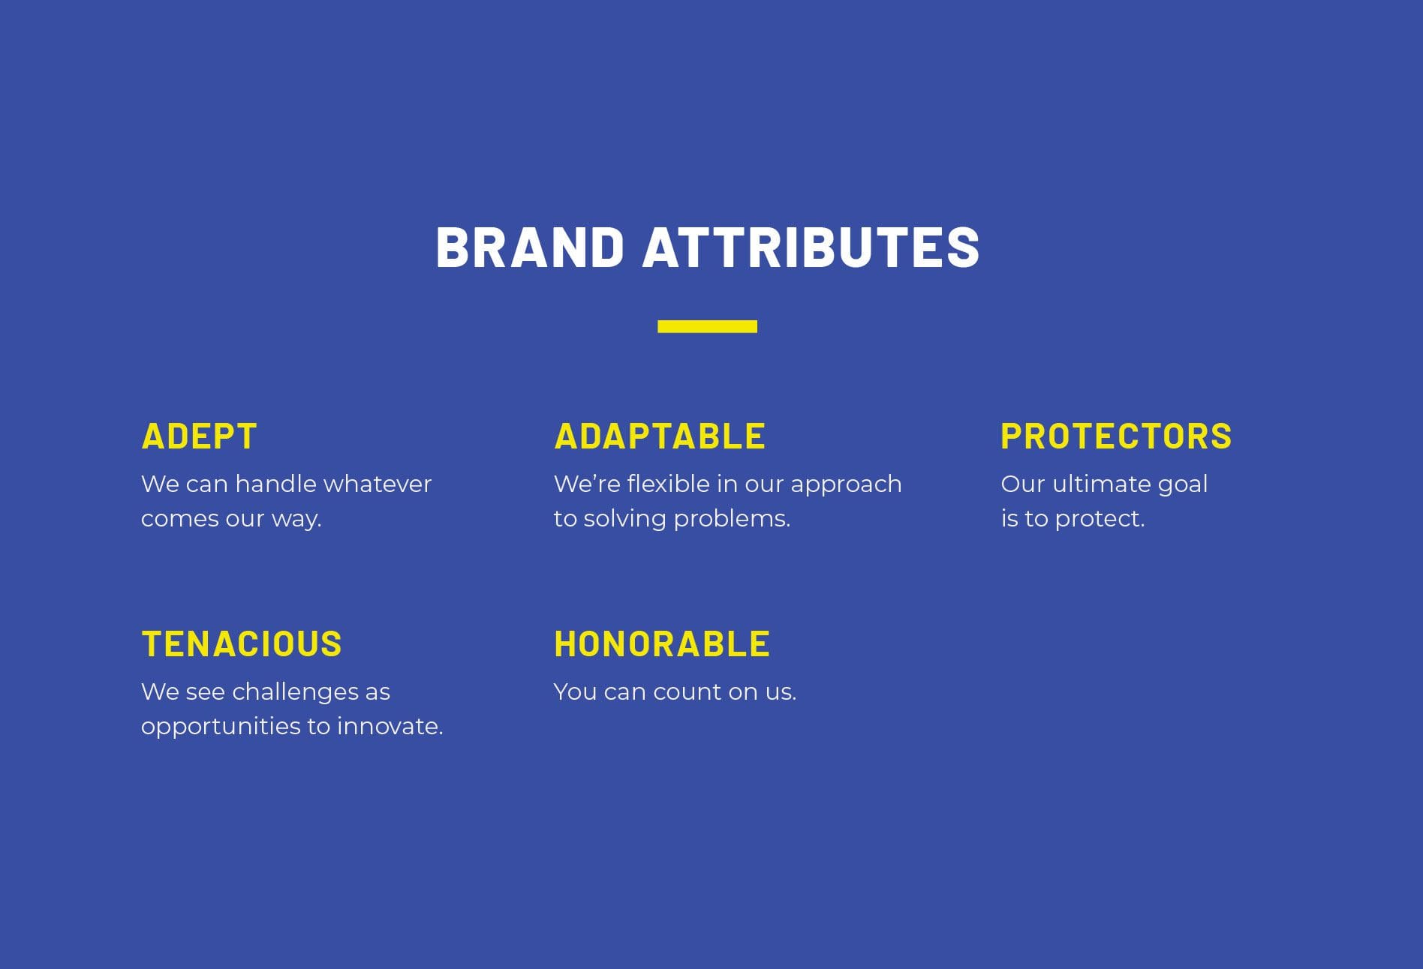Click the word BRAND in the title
(530, 247)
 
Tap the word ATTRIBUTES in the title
(811, 247)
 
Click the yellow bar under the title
(707, 326)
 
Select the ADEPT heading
(199, 436)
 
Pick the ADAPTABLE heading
(660, 436)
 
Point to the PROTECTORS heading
(1116, 436)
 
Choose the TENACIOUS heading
(242, 644)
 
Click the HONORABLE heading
(662, 644)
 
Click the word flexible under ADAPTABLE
(668, 484)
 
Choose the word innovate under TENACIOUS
(390, 727)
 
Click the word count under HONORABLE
(687, 692)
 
